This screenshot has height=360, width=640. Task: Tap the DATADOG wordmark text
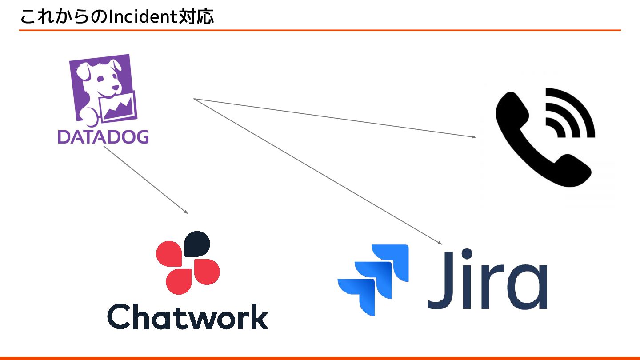click(x=103, y=136)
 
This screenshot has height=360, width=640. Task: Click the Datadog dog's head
click(x=100, y=78)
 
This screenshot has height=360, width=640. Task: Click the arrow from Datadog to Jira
click(x=318, y=171)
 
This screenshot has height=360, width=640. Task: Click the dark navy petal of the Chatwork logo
click(x=196, y=244)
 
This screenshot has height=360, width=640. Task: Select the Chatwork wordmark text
click(x=188, y=316)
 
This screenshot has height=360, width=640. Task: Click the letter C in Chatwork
click(x=119, y=316)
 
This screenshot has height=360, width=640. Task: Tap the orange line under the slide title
click(x=320, y=30)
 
